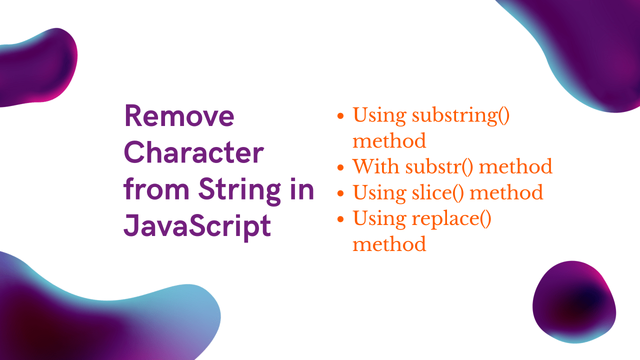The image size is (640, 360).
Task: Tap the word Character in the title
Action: click(x=193, y=153)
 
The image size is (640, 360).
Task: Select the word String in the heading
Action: click(x=238, y=190)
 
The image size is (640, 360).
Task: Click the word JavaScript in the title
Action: click(x=197, y=226)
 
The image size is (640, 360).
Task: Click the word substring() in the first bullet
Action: click(x=460, y=115)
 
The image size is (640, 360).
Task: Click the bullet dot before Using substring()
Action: click(x=340, y=116)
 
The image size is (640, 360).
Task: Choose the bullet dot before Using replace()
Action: click(x=340, y=219)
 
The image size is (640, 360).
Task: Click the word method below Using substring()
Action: click(x=389, y=141)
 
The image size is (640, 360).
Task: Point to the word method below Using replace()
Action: click(x=389, y=244)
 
